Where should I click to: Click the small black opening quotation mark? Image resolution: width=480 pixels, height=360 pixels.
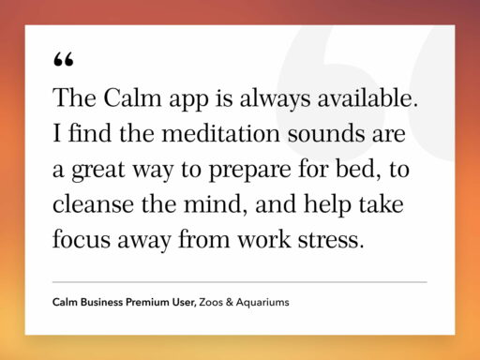coord(64,60)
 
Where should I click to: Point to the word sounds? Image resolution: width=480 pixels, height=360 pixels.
coord(315,134)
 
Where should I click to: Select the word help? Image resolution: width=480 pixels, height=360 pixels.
coord(330,203)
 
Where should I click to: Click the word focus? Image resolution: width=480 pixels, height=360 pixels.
coord(82,238)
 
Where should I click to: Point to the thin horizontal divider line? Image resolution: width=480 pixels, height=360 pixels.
coord(239,281)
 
